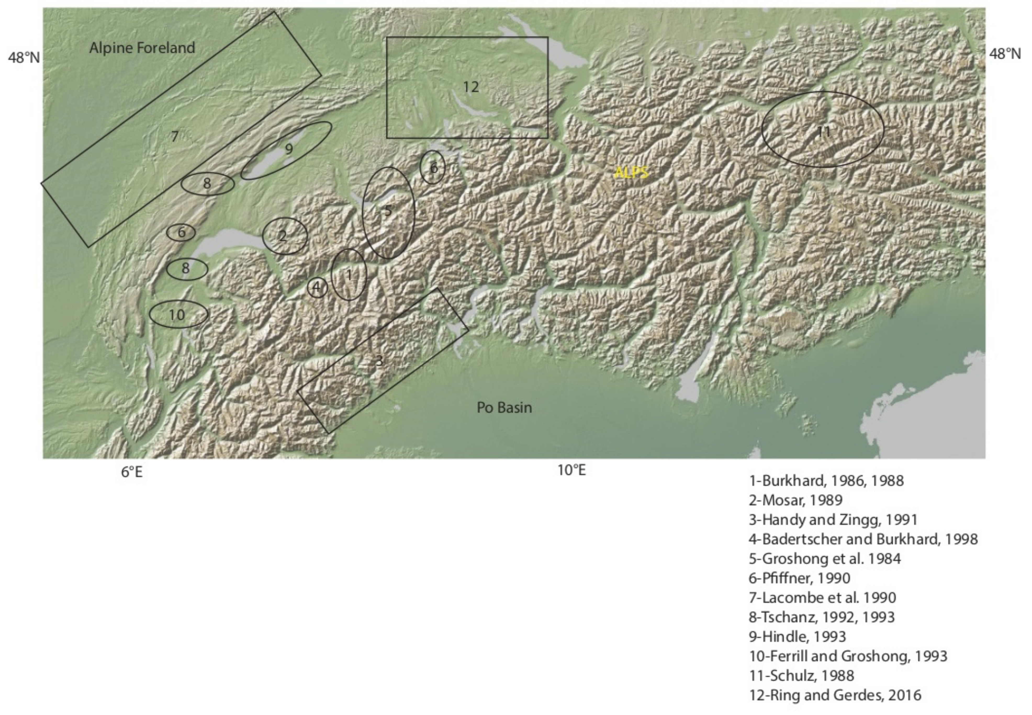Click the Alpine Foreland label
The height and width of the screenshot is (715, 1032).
click(142, 48)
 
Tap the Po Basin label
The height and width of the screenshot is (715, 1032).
click(504, 408)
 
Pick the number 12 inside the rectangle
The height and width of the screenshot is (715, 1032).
click(470, 87)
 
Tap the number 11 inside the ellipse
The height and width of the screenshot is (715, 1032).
click(824, 131)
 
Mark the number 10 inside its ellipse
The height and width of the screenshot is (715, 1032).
click(177, 315)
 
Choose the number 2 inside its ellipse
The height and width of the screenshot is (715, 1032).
click(282, 236)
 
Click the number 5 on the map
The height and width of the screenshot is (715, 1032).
click(388, 211)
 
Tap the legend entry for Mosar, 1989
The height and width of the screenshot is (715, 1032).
click(795, 500)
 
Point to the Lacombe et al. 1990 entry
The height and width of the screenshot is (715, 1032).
click(822, 598)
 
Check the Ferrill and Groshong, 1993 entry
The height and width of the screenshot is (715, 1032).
click(848, 656)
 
